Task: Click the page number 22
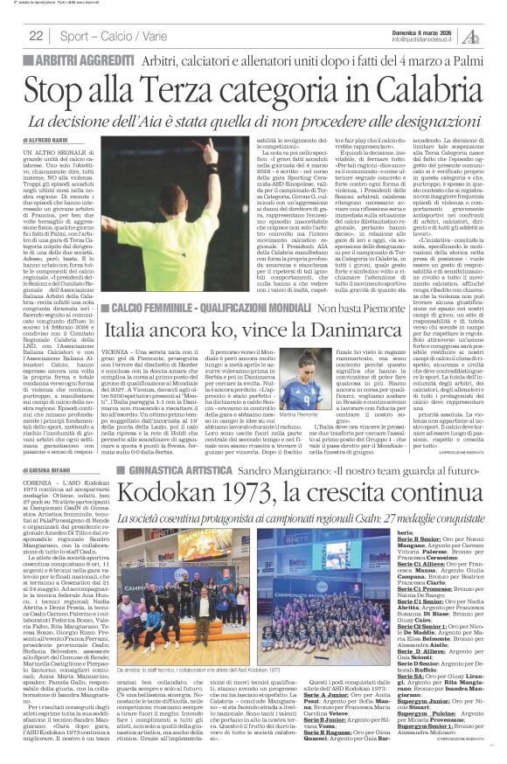click(x=37, y=36)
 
